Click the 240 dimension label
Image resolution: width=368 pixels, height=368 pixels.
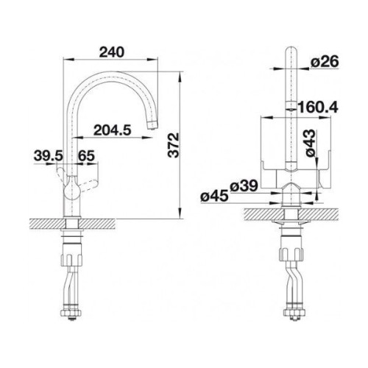click(x=112, y=52)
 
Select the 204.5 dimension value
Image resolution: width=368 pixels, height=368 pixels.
click(x=113, y=130)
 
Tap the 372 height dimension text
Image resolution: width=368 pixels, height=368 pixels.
click(x=174, y=145)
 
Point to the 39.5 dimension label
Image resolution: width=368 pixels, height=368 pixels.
click(x=49, y=155)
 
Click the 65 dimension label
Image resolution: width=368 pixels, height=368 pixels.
click(x=86, y=155)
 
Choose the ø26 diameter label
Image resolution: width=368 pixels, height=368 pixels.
click(x=325, y=61)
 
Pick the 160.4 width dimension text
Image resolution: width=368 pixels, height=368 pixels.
click(x=318, y=107)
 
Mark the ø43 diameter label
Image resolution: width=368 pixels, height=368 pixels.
click(x=311, y=143)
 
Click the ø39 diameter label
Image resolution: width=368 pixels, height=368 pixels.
click(x=244, y=185)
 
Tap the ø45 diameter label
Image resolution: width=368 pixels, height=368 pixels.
click(x=214, y=197)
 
